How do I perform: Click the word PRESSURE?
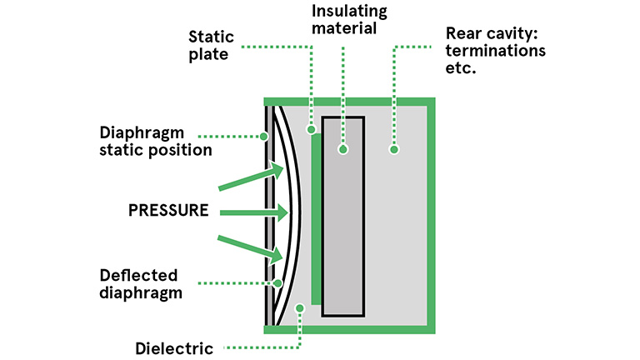pos(168,210)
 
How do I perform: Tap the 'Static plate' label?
pos(211,45)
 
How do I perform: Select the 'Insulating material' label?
pos(349,20)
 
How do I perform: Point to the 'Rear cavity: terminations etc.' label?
pos(496,50)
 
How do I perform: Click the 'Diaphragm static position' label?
pos(156,142)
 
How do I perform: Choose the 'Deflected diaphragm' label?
pos(140,284)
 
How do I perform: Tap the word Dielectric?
pos(174,348)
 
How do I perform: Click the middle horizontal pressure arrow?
pos(254,212)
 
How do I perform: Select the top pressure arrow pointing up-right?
pos(251,176)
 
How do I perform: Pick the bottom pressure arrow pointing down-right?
pos(250,249)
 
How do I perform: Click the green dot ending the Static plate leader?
pos(312,130)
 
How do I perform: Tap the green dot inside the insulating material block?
pos(343,150)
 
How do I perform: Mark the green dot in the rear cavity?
pos(394,150)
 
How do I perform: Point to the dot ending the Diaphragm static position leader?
pos(264,137)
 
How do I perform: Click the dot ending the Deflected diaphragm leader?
pos(278,283)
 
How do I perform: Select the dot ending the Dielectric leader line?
pos(300,308)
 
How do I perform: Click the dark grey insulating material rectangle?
pos(343,217)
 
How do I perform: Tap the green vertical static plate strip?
pos(316,219)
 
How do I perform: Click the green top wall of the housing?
pos(349,102)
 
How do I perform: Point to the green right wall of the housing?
pos(431,216)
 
